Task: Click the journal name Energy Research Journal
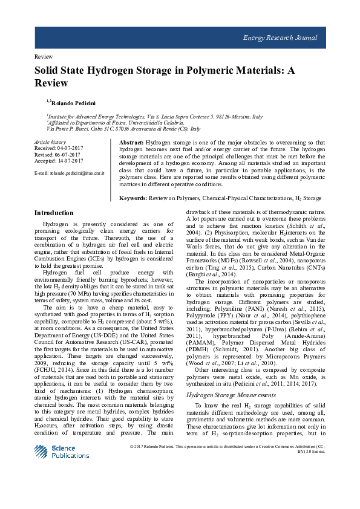point(280,37)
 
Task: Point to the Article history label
point(50,141)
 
